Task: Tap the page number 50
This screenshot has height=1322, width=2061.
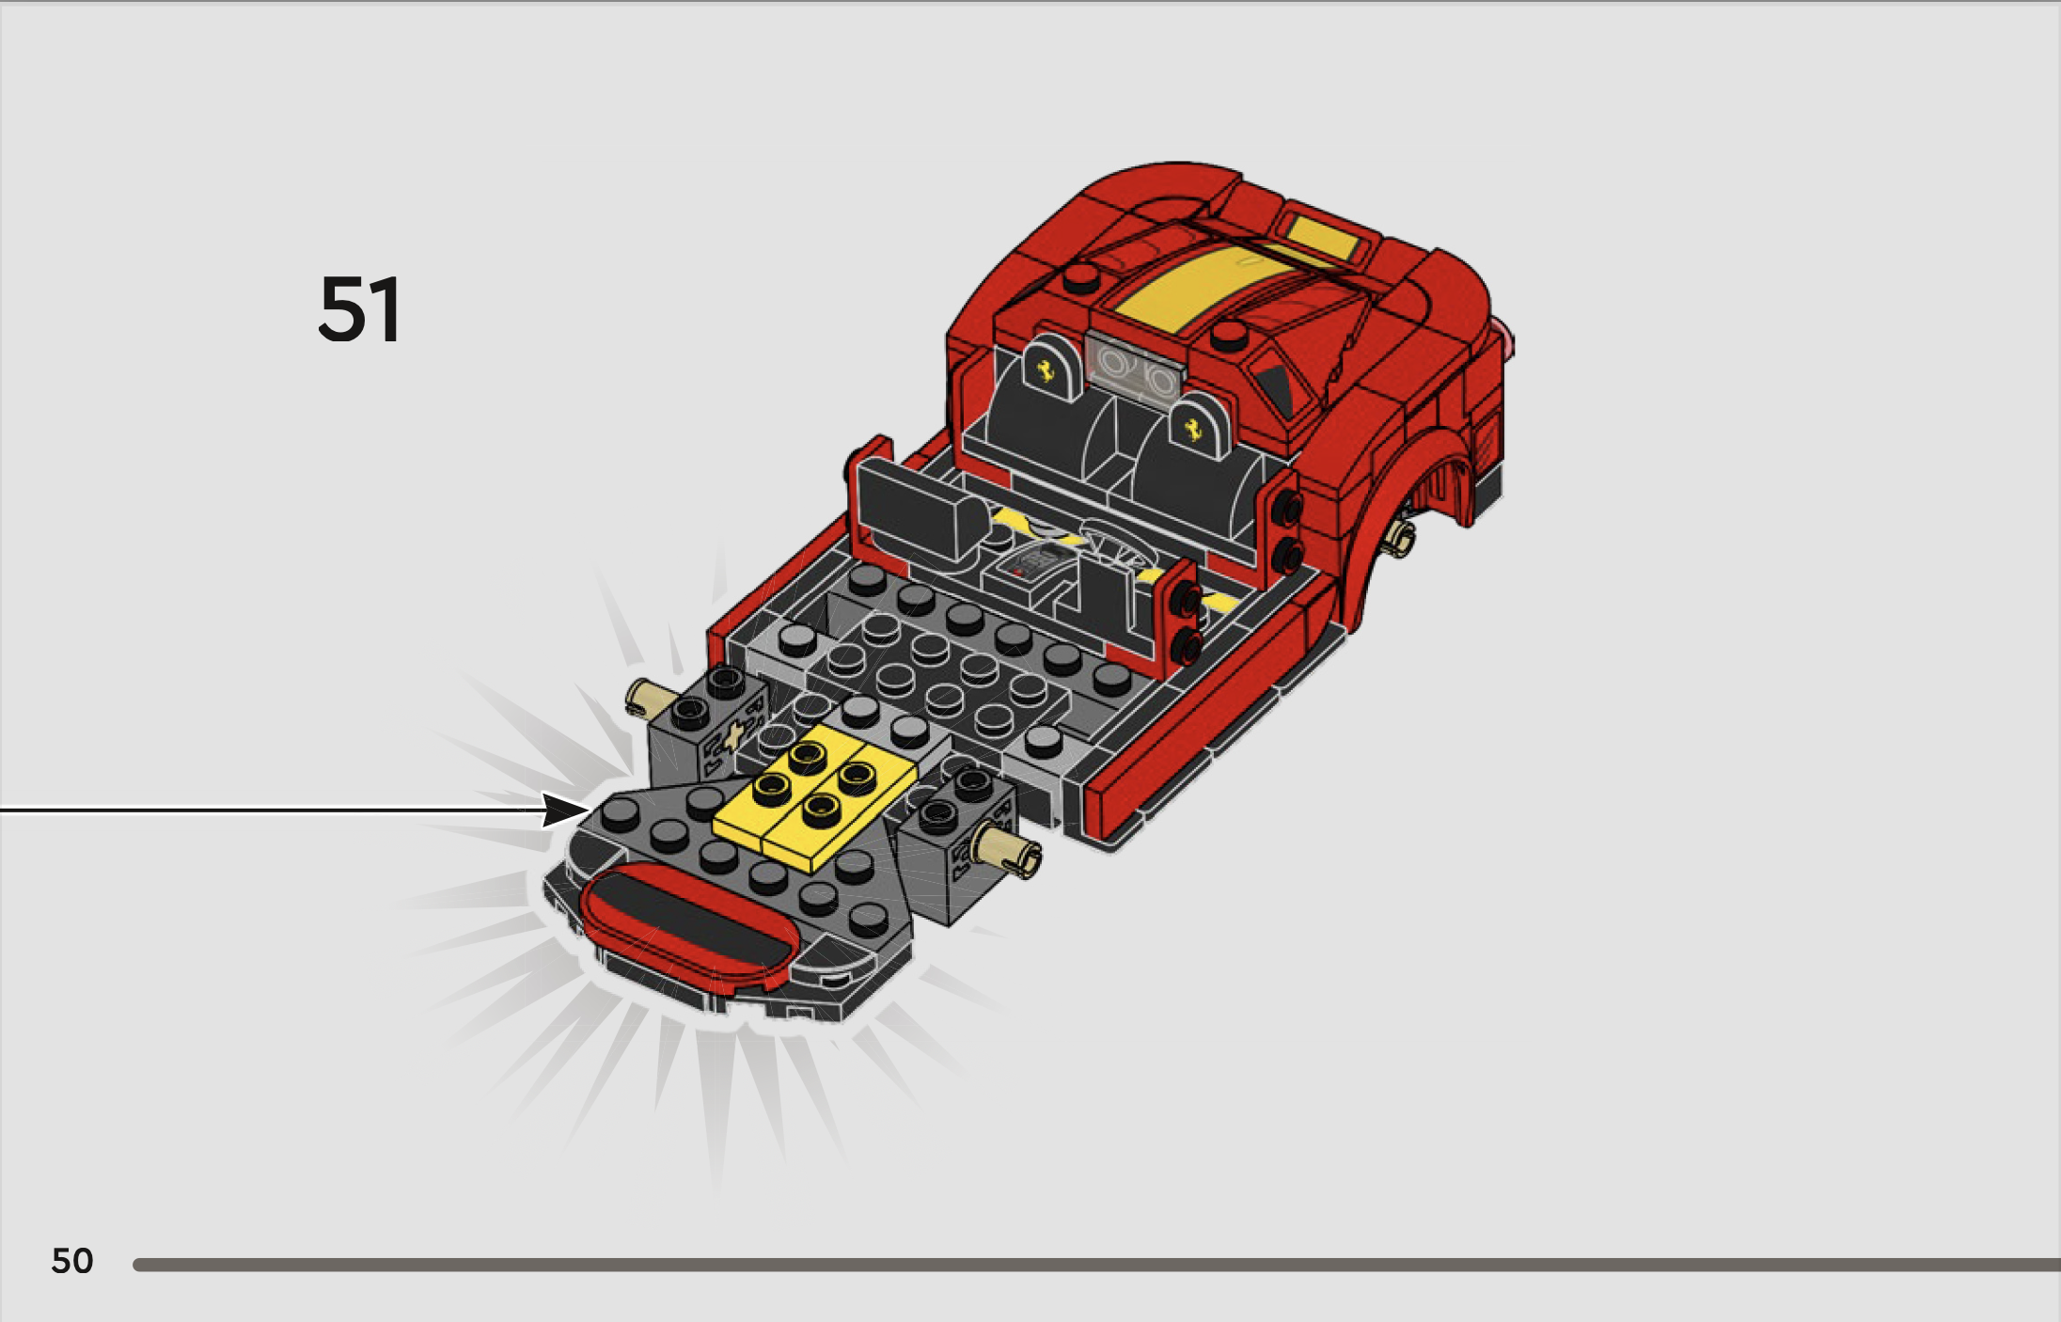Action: pyautogui.click(x=72, y=1261)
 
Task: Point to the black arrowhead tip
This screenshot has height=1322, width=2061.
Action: pyautogui.click(x=590, y=809)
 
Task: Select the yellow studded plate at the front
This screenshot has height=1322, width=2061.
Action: pyautogui.click(x=814, y=796)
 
